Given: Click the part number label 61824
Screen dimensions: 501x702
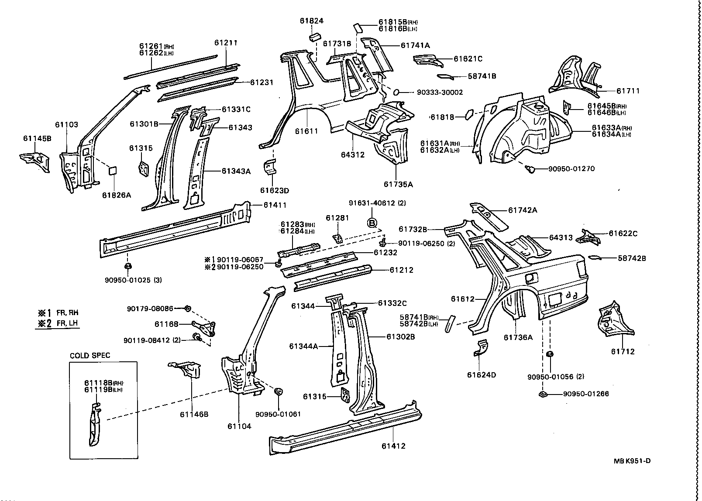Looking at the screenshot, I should (311, 21).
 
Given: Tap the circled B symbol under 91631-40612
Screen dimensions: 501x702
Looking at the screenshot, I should (372, 223).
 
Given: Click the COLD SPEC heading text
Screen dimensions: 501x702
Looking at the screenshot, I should (90, 355).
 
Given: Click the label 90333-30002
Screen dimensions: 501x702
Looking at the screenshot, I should (440, 92).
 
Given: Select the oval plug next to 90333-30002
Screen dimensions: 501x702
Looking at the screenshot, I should (397, 92).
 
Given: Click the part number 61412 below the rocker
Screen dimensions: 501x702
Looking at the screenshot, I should (393, 446).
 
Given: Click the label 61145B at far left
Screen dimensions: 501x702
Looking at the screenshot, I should (37, 138).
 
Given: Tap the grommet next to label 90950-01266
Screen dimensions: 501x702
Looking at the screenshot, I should (543, 395).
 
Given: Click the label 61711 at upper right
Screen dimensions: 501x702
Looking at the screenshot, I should (628, 91).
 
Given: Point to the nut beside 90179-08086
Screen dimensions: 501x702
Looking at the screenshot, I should (187, 309).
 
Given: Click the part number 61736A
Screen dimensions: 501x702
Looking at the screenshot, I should (518, 337).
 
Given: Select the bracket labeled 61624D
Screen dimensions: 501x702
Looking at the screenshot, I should (481, 347).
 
